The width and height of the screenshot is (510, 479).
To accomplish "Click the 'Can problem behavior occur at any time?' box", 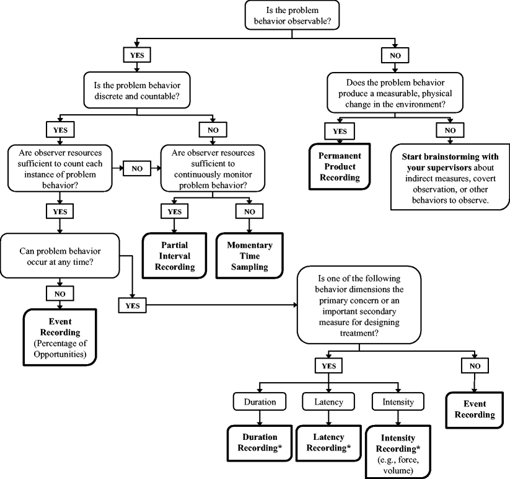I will click(59, 255).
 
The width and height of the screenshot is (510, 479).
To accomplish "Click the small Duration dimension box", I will click(259, 402).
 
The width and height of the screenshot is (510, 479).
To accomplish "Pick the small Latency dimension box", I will click(328, 402).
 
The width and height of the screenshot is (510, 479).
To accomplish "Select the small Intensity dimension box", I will click(397, 402).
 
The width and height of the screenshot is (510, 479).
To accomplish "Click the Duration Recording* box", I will click(259, 442).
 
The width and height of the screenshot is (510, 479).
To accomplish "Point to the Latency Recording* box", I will click(328, 442).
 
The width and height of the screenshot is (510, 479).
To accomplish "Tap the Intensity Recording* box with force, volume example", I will click(397, 450).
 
